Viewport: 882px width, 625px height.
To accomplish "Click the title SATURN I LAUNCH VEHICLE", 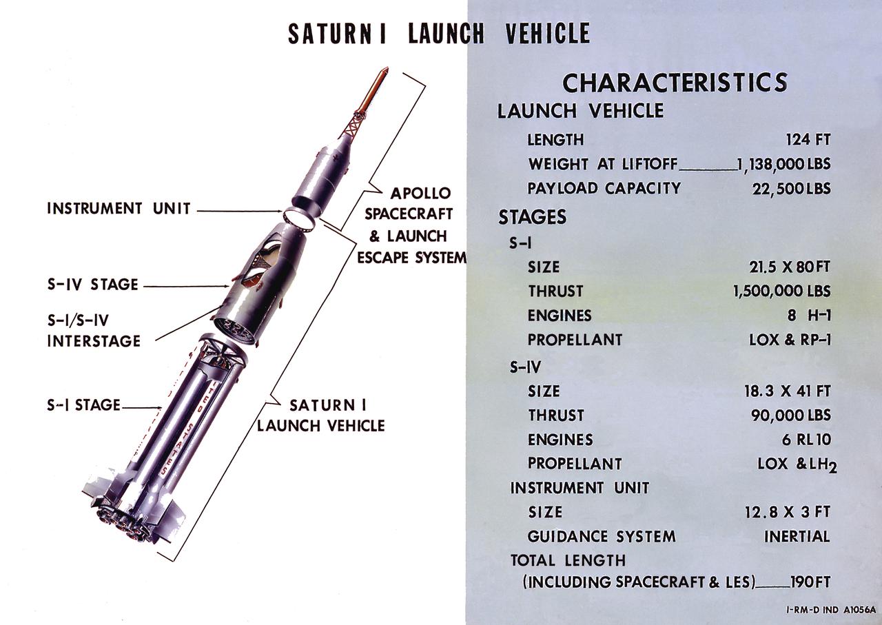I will click(439, 34).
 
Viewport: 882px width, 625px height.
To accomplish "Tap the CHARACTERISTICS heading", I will click(675, 83).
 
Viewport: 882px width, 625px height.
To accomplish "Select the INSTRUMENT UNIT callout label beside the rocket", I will click(119, 208).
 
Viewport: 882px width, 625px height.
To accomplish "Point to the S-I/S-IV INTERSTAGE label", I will click(94, 330).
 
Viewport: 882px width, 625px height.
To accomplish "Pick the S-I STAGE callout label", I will click(83, 405).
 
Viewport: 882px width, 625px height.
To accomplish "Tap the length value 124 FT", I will click(808, 140).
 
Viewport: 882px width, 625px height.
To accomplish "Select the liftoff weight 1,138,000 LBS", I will click(783, 165).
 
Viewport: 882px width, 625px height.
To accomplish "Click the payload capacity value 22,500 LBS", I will click(791, 189).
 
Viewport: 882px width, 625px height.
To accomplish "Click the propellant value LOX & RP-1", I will click(790, 340).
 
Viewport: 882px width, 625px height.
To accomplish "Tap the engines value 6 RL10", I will click(806, 440).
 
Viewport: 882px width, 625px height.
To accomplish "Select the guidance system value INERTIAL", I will click(797, 536).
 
